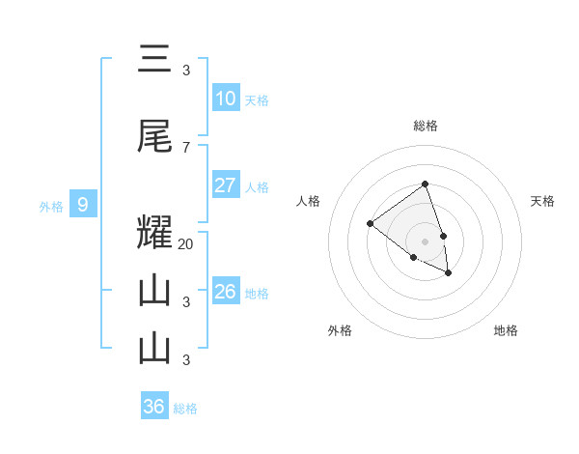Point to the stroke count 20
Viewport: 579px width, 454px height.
186,244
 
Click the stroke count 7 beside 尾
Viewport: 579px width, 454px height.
186,147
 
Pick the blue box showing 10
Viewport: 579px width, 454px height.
225,99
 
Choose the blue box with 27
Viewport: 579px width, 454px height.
225,185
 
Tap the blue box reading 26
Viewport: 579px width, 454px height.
225,292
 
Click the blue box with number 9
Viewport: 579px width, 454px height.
83,205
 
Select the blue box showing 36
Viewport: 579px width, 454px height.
154,407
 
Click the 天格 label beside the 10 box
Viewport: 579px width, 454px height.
257,99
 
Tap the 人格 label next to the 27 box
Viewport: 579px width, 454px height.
257,186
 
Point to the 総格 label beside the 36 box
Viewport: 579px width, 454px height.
185,409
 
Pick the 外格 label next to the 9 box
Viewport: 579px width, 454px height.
51,206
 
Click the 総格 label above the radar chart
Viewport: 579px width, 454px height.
425,126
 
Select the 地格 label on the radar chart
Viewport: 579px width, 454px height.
506,330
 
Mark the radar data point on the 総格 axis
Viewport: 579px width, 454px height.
425,184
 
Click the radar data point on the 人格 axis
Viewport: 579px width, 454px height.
370,223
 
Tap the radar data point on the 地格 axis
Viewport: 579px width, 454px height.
449,273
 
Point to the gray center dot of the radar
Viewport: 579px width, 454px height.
425,241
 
